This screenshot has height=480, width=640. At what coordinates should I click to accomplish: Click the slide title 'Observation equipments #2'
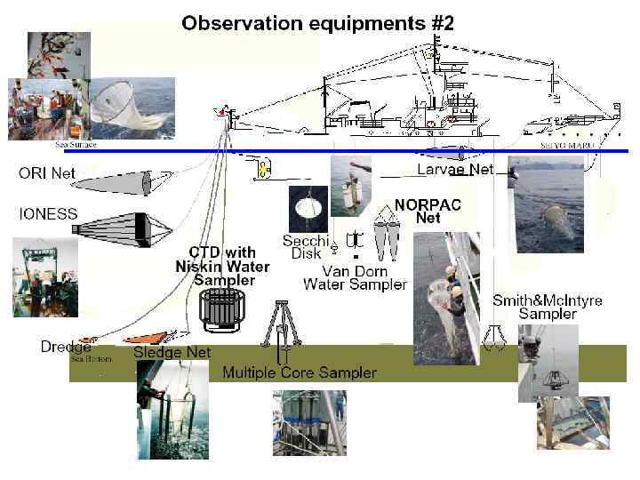pyautogui.click(x=317, y=24)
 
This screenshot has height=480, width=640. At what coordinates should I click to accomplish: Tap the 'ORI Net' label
pyautogui.click(x=47, y=173)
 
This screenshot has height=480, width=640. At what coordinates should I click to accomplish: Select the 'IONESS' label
pyautogui.click(x=48, y=214)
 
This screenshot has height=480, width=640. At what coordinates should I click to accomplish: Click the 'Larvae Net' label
pyautogui.click(x=455, y=168)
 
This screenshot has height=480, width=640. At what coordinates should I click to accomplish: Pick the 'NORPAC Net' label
pyautogui.click(x=428, y=210)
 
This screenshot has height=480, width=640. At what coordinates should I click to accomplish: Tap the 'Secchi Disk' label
pyautogui.click(x=306, y=247)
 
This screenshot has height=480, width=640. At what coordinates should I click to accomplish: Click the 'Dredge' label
pyautogui.click(x=66, y=346)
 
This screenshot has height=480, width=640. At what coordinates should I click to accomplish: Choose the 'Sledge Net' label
pyautogui.click(x=172, y=352)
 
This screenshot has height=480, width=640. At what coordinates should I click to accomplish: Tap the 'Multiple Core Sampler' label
pyautogui.click(x=299, y=372)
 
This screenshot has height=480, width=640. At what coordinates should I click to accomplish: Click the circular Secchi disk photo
pyautogui.click(x=308, y=209)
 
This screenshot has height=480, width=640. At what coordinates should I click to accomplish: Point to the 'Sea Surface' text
pyautogui.click(x=76, y=144)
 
